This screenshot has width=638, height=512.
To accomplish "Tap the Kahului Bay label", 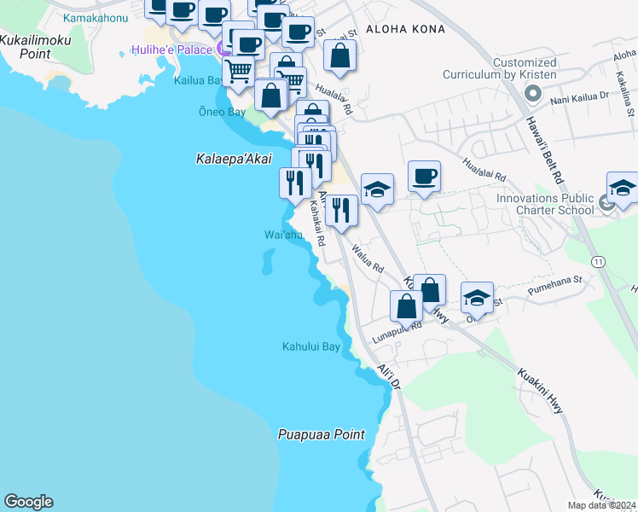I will (x=311, y=346).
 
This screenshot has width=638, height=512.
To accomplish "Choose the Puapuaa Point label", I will (x=321, y=434).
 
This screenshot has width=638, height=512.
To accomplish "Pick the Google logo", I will (x=28, y=502).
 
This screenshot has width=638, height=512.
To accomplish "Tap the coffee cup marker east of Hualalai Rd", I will (x=424, y=177).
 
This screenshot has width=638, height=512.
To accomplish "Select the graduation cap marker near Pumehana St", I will (x=477, y=297).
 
